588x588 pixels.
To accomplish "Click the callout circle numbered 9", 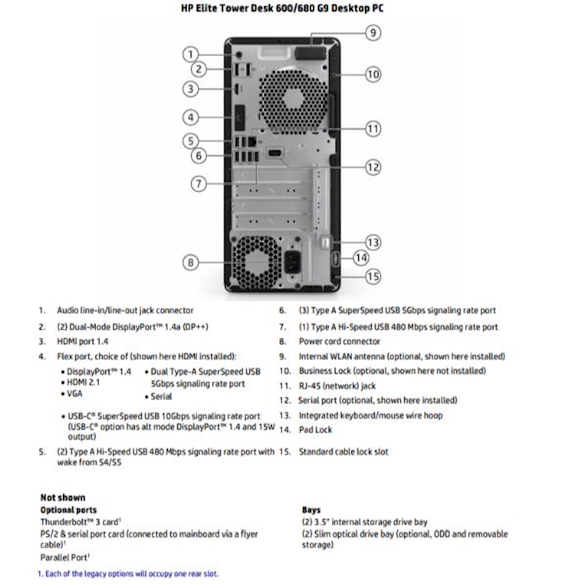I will (x=373, y=33).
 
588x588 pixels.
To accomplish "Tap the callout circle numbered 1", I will (x=191, y=55).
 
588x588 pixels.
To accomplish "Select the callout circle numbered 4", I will (x=191, y=118).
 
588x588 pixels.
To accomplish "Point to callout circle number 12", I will (x=373, y=167).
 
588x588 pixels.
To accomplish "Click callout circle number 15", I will (x=373, y=277).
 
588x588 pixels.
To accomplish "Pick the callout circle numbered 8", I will (x=191, y=263).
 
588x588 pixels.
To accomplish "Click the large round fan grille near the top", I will (x=293, y=98).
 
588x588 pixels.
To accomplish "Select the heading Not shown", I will (x=63, y=497).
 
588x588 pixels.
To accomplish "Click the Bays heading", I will (x=311, y=510).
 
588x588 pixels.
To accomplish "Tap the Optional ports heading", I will (x=68, y=510).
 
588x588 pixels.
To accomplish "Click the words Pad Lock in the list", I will (x=315, y=430).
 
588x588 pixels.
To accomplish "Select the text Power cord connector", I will (x=339, y=341).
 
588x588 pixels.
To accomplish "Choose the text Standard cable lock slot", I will (x=343, y=452).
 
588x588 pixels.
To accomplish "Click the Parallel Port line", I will (x=65, y=558).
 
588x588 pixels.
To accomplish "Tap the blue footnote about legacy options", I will (x=128, y=574).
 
